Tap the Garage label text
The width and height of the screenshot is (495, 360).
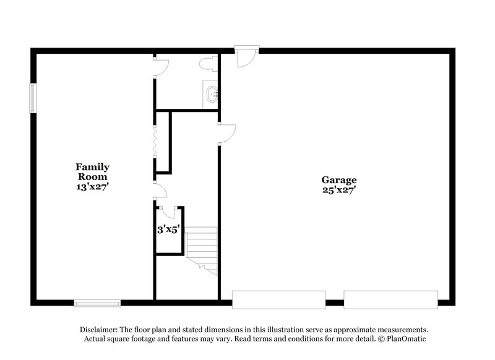338,180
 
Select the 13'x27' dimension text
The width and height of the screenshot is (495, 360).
93,185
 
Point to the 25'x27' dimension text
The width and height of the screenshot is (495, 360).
338,191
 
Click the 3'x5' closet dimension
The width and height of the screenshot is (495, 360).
168,229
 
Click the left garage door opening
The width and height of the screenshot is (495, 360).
278,299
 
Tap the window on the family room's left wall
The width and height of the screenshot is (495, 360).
35,97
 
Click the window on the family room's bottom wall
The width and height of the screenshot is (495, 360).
97,302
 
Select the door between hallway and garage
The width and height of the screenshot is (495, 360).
226,133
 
